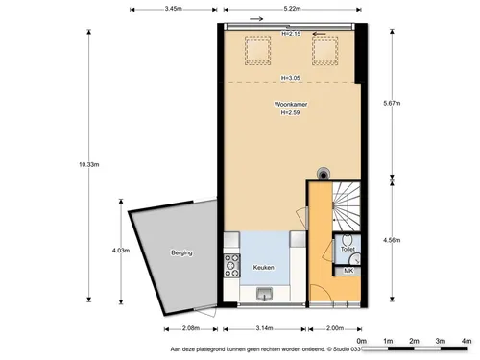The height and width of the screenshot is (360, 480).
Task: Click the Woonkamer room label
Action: pyautogui.click(x=291, y=104)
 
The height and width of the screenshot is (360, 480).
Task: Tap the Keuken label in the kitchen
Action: pyautogui.click(x=263, y=267)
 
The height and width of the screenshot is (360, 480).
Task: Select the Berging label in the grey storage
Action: pyautogui.click(x=181, y=252)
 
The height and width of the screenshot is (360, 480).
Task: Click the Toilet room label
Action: pyautogui.click(x=348, y=249)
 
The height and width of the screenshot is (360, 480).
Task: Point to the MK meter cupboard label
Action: pyautogui.click(x=348, y=271)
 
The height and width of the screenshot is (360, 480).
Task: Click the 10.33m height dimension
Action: pyautogui.click(x=89, y=165)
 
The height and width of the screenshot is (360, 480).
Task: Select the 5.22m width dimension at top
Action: pyautogui.click(x=292, y=9)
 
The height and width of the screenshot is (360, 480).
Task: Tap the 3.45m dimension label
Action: pyautogui.click(x=174, y=9)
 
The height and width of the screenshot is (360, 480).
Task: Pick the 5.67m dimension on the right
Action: pyautogui.click(x=392, y=103)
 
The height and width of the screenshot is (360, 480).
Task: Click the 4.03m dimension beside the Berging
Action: pyautogui.click(x=121, y=251)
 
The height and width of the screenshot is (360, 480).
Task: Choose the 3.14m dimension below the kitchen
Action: pyautogui.click(x=264, y=328)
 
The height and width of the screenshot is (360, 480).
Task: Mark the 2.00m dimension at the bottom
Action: pyautogui.click(x=335, y=328)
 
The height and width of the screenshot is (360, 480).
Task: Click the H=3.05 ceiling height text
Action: pyautogui.click(x=291, y=78)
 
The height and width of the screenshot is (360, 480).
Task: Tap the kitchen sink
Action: pyautogui.click(x=264, y=294)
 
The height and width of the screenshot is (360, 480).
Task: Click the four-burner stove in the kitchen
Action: pyautogui.click(x=231, y=266)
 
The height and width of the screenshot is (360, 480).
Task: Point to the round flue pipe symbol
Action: pyautogui.click(x=324, y=174)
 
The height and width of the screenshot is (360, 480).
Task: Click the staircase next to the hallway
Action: pyautogui.click(x=347, y=206)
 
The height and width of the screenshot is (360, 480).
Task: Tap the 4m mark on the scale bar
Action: pyautogui.click(x=467, y=341)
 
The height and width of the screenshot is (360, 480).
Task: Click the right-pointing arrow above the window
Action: pyautogui.click(x=256, y=19)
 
